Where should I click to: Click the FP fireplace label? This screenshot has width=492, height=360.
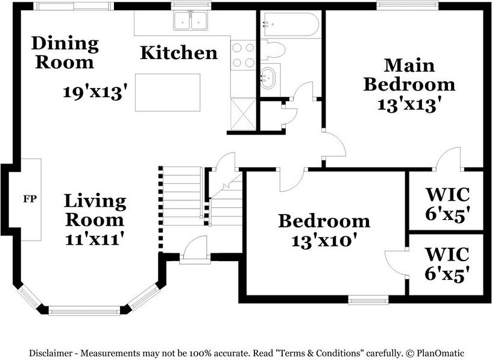tap(30, 199)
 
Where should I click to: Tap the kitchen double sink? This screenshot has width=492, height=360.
tap(190, 21)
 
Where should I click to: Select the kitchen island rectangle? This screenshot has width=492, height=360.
tap(168, 92)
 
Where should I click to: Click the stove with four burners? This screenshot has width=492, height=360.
tap(243, 55)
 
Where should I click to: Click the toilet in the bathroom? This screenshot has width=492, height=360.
tap(273, 49)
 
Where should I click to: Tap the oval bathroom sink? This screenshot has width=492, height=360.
tap(268, 78)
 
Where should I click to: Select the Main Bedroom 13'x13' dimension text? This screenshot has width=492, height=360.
tap(407, 104)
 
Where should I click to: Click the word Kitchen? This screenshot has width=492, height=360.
tap(179, 52)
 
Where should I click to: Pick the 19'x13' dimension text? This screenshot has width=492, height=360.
tap(95, 92)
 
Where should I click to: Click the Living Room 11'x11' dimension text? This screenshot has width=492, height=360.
tap(93, 239)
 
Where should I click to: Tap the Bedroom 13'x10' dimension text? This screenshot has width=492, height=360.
tap(325, 241)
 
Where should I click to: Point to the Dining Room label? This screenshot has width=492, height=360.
tap(65, 52)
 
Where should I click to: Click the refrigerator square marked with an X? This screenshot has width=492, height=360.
tap(243, 113)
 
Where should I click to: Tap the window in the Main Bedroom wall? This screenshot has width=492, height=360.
tap(407, 5)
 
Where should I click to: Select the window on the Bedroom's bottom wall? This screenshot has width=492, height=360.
tap(368, 300)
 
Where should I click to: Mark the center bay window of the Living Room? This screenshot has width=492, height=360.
tap(84, 311)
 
